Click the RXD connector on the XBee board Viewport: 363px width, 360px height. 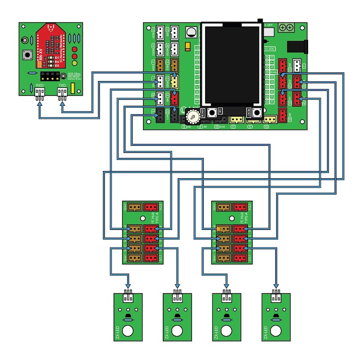click(x=40, y=93)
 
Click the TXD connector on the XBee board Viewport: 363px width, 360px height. click(x=62, y=93)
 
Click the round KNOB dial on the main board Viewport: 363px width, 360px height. click(x=192, y=117)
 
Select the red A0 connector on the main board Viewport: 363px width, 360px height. click(x=282, y=116)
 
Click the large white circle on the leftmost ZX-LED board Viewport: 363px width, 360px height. click(x=129, y=331)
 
